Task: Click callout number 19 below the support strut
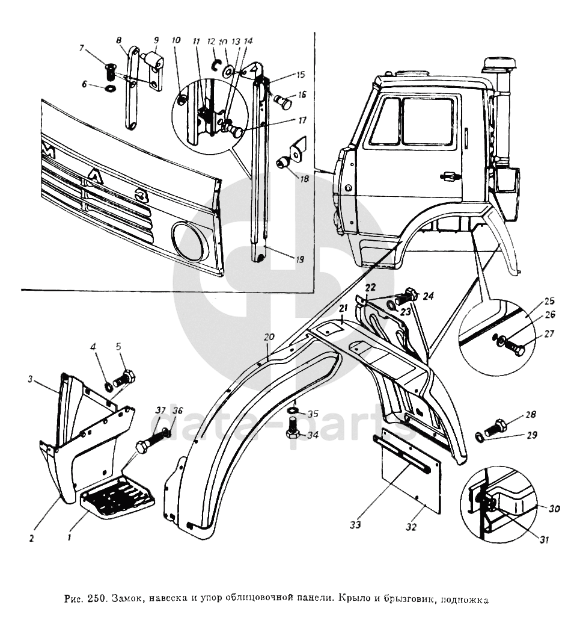point(299,260)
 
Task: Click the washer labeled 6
point(111,88)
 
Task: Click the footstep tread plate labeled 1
point(118,495)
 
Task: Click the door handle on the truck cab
point(448,176)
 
